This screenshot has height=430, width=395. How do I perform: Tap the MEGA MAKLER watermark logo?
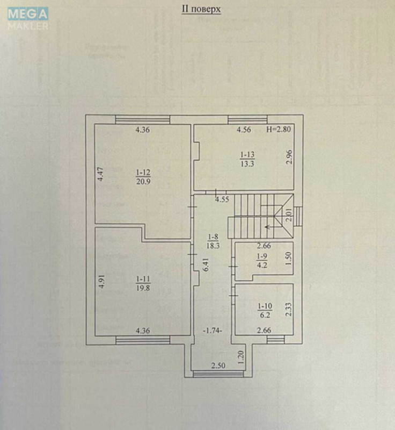click(28, 18)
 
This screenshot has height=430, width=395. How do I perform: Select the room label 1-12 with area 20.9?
click(143, 176)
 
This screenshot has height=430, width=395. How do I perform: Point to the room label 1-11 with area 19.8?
click(143, 283)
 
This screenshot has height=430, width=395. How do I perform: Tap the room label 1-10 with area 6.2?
click(265, 310)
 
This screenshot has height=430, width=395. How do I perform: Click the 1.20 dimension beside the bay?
click(241, 355)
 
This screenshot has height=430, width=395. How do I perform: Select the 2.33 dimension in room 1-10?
click(288, 310)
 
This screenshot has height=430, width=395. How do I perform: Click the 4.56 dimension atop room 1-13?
click(245, 130)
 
